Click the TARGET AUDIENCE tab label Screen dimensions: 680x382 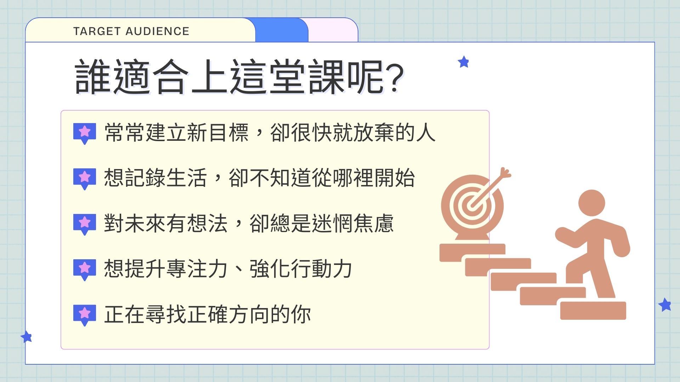[131, 31]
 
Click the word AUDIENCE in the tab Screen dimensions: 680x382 [158, 31]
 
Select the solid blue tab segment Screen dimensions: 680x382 [282, 30]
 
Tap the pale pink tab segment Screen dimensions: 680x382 [333, 30]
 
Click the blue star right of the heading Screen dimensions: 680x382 [463, 62]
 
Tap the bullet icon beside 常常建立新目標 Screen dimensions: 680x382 [85, 133]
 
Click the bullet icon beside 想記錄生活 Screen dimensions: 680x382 [85, 179]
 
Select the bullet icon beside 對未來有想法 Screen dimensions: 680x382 [85, 224]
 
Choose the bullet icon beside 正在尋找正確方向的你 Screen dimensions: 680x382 [85, 315]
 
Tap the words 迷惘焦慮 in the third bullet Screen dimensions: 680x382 [353, 223]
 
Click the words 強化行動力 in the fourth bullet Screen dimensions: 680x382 [301, 268]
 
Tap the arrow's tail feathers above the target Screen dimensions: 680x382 [505, 173]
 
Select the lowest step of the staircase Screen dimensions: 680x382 [593, 311]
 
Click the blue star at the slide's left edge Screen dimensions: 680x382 [27, 336]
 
